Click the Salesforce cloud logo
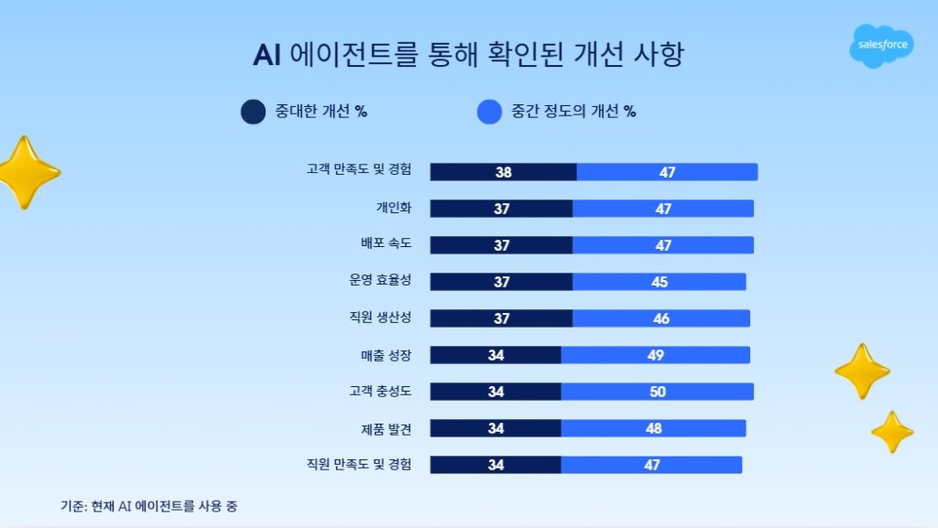click(x=881, y=46)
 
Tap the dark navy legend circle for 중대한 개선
click(x=253, y=112)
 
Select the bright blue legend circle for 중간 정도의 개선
click(x=489, y=112)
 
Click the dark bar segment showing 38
click(x=503, y=172)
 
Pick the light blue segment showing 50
click(x=658, y=392)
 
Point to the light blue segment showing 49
click(x=656, y=355)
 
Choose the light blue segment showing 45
click(x=660, y=282)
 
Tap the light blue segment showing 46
click(x=661, y=318)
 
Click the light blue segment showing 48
click(x=653, y=428)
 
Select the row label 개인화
click(x=394, y=207)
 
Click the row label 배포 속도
click(x=386, y=243)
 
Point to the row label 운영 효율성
click(x=380, y=279)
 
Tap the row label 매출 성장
click(x=386, y=355)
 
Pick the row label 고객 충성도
click(x=380, y=392)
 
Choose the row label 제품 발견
click(x=386, y=428)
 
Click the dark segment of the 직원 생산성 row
click(x=501, y=318)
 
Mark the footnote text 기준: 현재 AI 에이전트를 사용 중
click(x=149, y=506)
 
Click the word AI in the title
click(x=267, y=55)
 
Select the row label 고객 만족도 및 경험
click(x=359, y=169)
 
